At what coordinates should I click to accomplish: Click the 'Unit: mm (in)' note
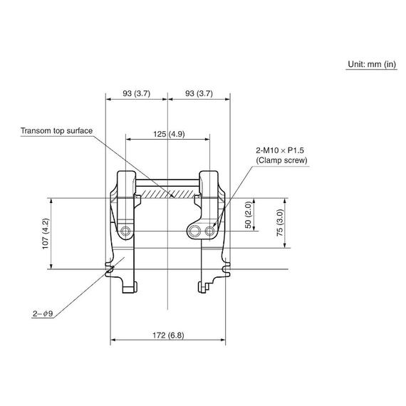372,64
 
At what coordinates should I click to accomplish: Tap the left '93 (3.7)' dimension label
137,93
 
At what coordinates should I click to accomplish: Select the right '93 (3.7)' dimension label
199,93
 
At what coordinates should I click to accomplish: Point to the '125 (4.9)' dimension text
169,134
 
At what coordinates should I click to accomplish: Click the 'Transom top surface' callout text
56,131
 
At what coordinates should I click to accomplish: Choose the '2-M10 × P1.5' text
280,150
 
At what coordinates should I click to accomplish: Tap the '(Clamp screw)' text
282,160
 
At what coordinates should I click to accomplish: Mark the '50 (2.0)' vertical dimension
248,215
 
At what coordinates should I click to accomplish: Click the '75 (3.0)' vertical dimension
280,223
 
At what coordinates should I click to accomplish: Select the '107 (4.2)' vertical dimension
46,234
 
